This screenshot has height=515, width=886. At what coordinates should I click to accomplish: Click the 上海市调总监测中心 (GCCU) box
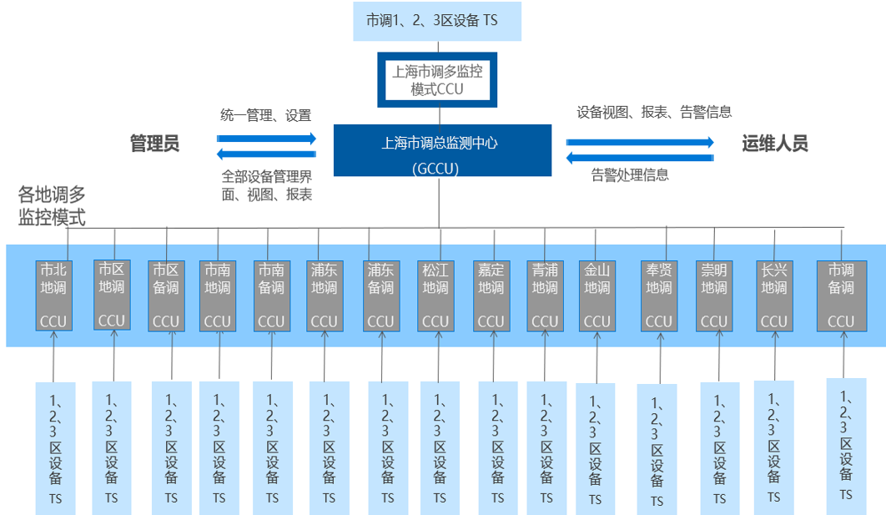tap(442, 150)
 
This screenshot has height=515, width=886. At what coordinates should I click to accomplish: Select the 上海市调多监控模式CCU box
tap(437, 80)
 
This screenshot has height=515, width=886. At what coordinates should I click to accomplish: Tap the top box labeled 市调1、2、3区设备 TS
tap(437, 21)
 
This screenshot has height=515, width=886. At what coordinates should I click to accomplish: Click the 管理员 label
tap(154, 144)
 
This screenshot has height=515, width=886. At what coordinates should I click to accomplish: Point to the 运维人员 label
tap(775, 144)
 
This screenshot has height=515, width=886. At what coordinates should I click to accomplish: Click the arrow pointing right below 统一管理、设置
tap(267, 138)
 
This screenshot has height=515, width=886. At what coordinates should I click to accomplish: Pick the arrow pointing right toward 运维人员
tap(641, 142)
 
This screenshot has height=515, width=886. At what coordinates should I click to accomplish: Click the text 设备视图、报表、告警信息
tap(654, 112)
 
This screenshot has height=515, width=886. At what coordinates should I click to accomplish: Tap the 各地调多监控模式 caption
tap(53, 207)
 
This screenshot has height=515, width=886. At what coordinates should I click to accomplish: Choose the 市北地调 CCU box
tap(53, 296)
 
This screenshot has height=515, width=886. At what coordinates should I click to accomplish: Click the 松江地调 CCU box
tap(435, 296)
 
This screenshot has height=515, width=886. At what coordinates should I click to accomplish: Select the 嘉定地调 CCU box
tap(491, 296)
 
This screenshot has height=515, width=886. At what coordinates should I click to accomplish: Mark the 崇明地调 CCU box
tap(713, 296)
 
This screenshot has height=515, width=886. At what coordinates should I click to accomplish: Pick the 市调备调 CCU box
tap(840, 296)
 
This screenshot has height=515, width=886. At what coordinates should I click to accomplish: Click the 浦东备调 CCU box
tap(380, 296)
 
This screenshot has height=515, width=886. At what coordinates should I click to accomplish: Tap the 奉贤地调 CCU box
tap(658, 296)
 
